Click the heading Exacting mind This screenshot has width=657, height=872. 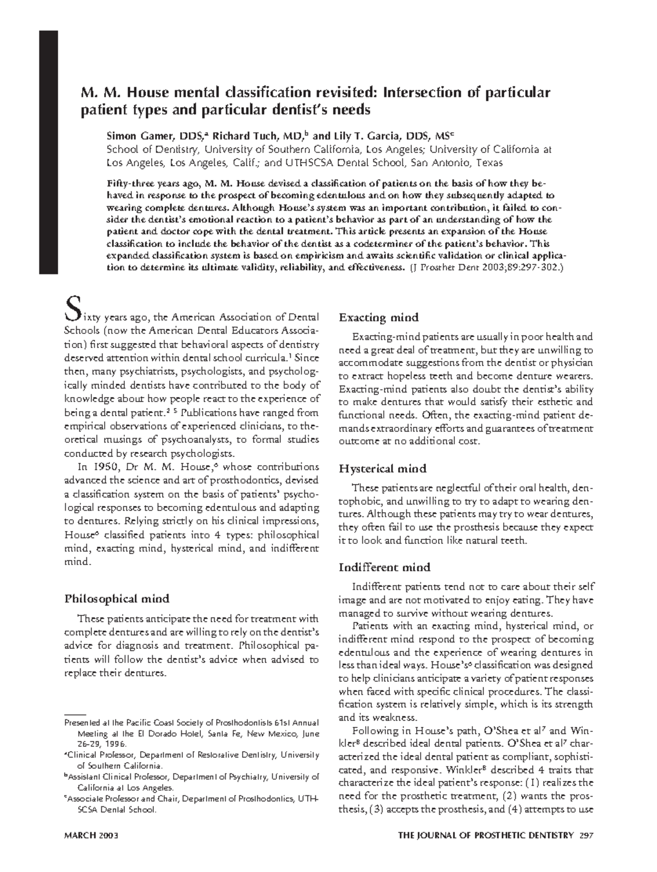pos(379,317)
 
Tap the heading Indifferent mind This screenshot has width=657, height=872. pos(384,567)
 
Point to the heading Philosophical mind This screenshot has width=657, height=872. pos(117,598)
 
